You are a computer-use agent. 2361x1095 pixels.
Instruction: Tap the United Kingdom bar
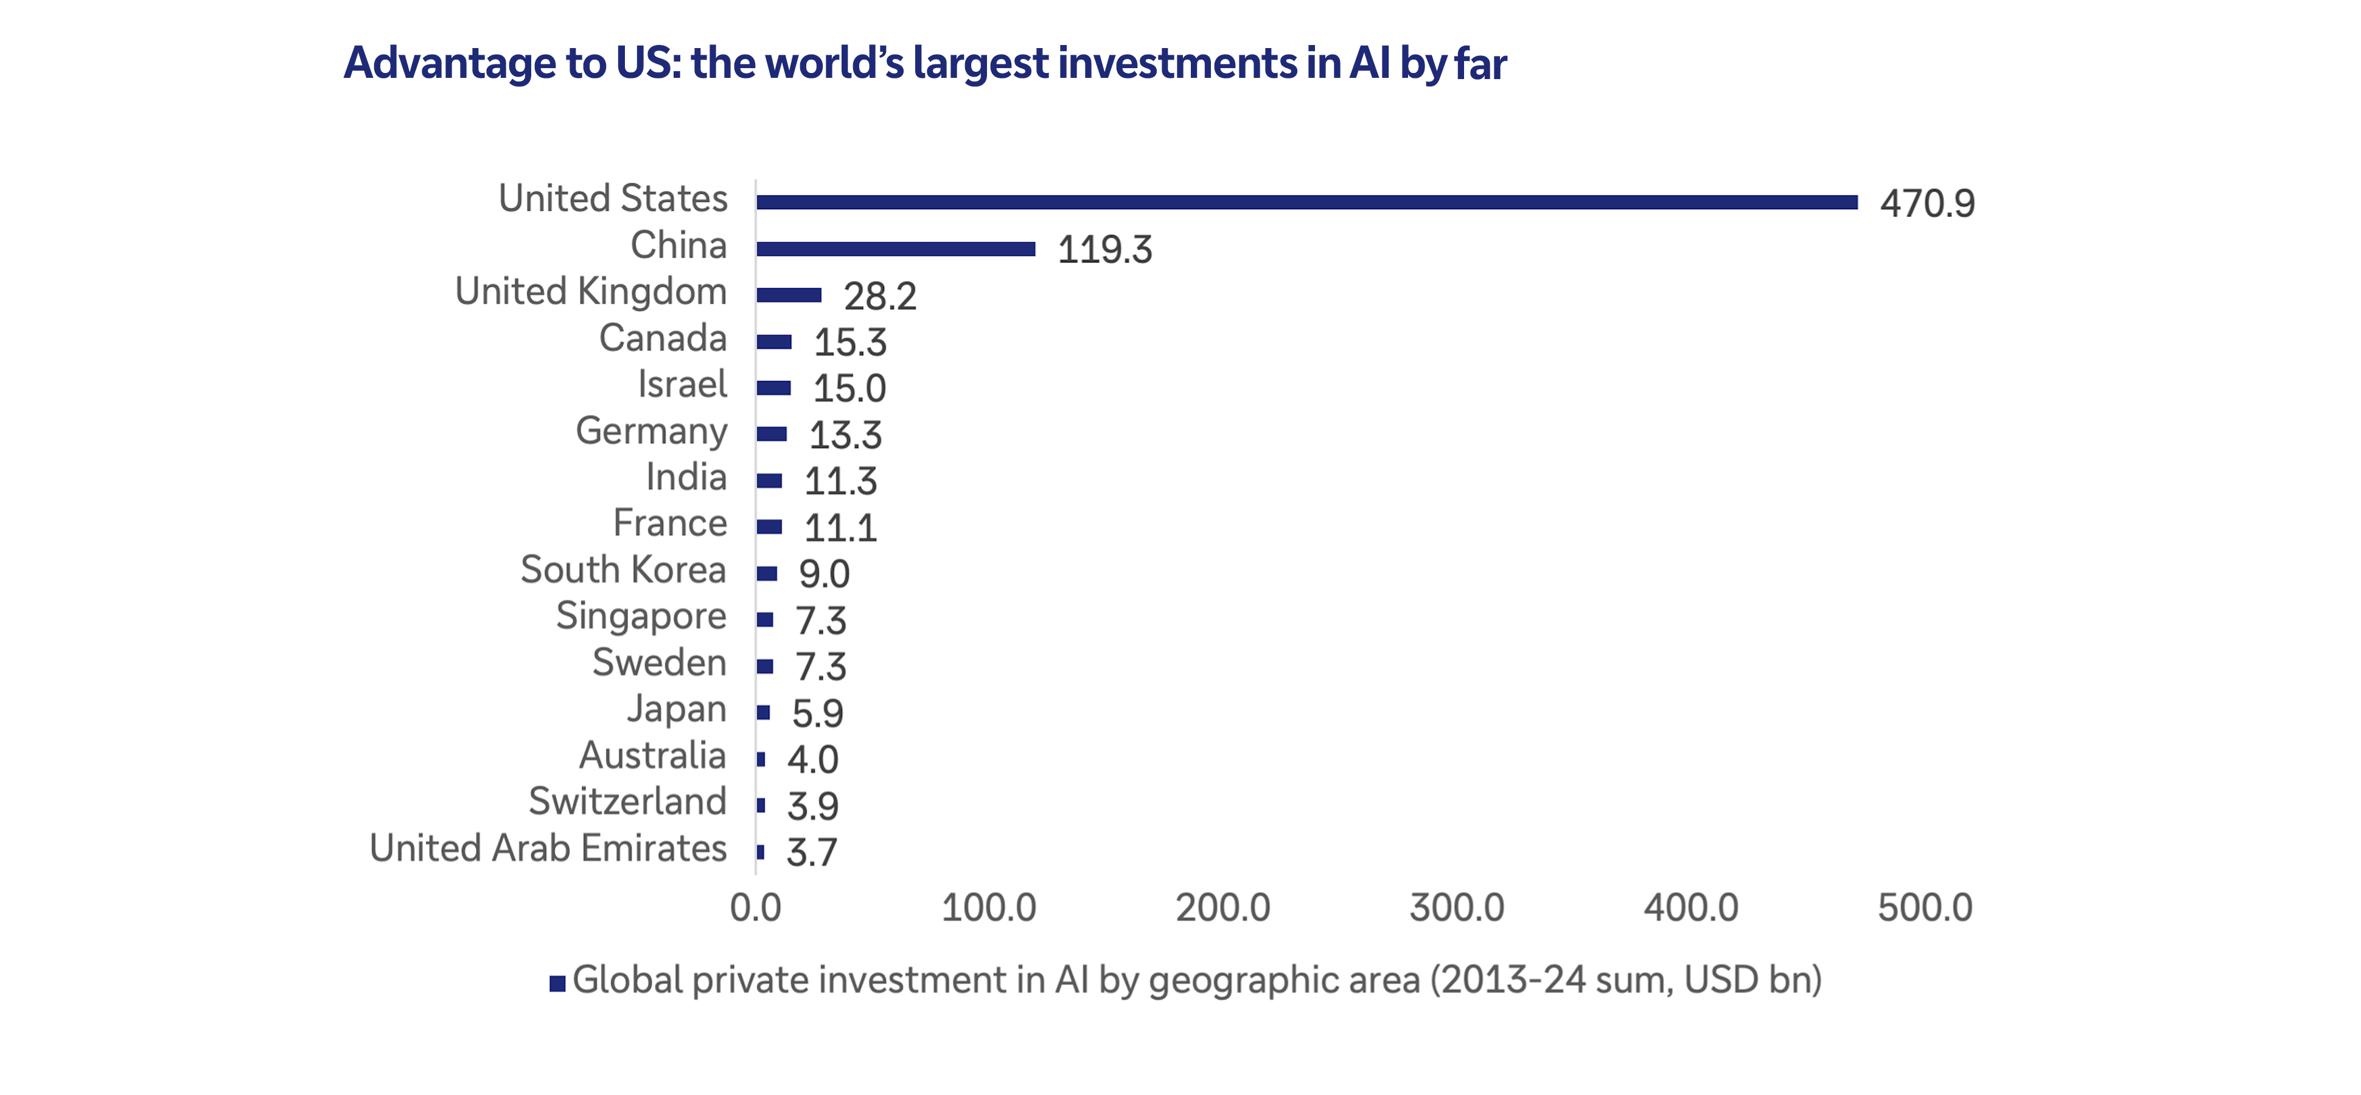pos(789,295)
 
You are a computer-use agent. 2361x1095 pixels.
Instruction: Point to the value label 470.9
pos(1927,203)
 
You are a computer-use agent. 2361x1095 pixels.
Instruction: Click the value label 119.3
pos(1104,250)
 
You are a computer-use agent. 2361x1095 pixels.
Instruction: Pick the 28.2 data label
pos(880,297)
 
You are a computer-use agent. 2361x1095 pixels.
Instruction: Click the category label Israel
pos(682,384)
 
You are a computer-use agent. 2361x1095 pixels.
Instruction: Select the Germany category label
pos(650,431)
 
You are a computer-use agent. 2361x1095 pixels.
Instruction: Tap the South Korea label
pos(623,570)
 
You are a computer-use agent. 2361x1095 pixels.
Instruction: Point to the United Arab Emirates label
pos(548,849)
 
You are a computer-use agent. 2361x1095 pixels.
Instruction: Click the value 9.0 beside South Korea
pos(824,574)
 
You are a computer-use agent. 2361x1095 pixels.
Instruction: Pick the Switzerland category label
pos(628,802)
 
